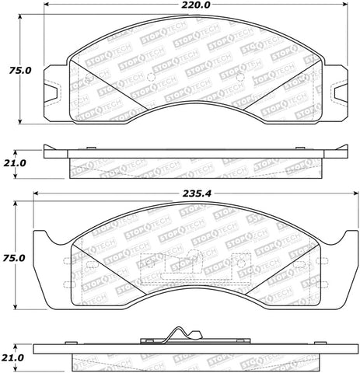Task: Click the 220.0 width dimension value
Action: pos(191,6)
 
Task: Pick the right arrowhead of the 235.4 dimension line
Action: pos(345,195)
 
